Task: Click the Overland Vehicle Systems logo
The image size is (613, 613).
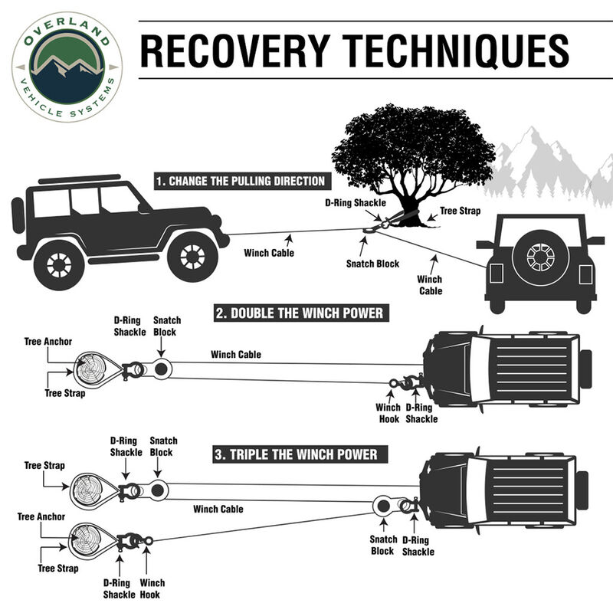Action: tap(67, 67)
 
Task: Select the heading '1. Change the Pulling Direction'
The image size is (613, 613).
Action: tap(240, 182)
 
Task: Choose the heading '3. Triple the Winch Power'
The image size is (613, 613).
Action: tap(295, 454)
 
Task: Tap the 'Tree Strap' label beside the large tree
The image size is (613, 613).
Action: tap(459, 211)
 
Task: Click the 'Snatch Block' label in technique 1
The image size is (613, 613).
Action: tap(372, 264)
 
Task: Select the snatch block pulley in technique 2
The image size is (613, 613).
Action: tap(162, 369)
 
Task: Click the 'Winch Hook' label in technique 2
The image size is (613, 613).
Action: tap(388, 413)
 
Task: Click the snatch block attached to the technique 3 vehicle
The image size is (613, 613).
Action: tap(381, 506)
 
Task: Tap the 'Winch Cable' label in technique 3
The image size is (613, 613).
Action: tap(218, 509)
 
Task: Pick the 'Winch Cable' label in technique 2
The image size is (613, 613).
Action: tap(236, 355)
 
